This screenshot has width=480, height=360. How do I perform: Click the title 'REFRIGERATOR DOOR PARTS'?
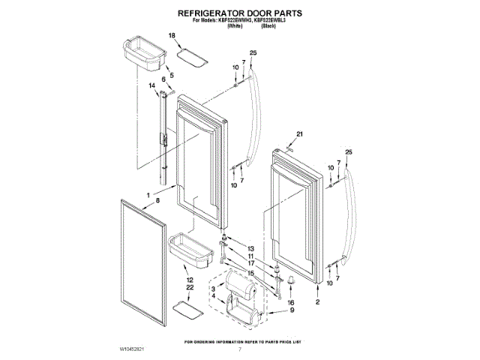pyautogui.click(x=239, y=13)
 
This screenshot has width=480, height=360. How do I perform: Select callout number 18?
pyautogui.click(x=171, y=36)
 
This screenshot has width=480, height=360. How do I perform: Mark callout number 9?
pyautogui.click(x=292, y=310)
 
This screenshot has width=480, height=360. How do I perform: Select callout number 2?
pyautogui.click(x=317, y=301)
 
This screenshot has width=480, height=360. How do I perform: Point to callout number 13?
pyautogui.click(x=251, y=248)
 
